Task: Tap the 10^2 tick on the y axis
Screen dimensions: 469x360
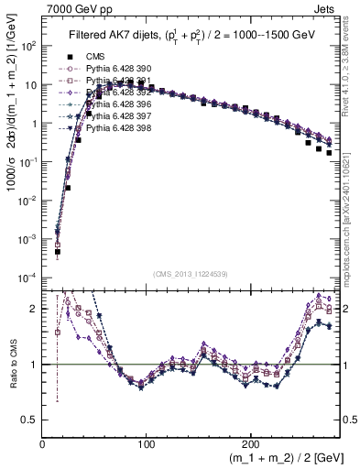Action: click(29, 45)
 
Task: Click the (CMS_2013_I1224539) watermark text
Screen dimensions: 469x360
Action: click(191, 273)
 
